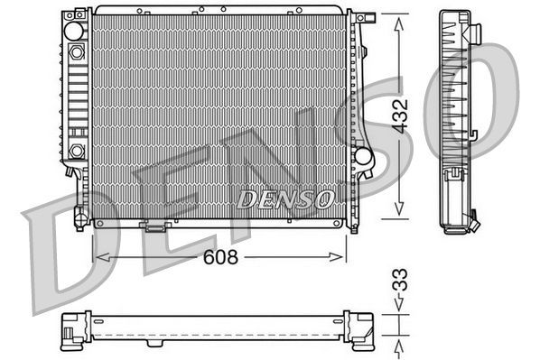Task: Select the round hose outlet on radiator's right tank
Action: pos(363,155)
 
